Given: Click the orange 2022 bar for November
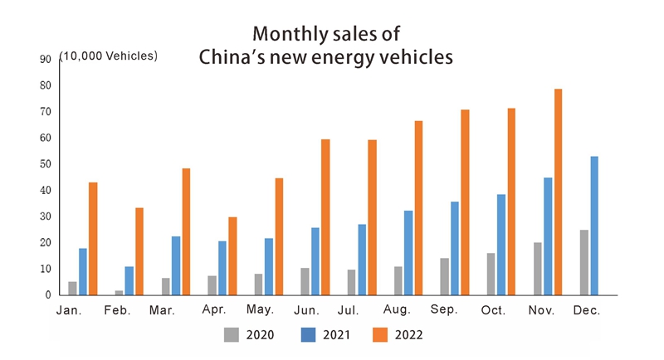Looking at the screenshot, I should click(558, 192).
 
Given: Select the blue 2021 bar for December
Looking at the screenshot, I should click(594, 226).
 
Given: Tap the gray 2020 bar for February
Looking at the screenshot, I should click(119, 292).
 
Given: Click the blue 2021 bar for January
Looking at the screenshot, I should click(83, 271).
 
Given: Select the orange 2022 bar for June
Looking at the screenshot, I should click(325, 216).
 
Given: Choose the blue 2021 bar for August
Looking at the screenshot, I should click(408, 252).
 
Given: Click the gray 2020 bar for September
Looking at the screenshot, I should click(445, 276).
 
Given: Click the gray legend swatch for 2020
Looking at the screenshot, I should click(232, 335).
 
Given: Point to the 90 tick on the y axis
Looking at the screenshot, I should click(45, 59).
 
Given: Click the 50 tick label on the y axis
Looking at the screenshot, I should click(45, 164).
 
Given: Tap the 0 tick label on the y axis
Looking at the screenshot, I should click(48, 295).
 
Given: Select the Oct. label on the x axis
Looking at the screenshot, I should click(493, 311).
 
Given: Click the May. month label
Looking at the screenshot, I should click(261, 311).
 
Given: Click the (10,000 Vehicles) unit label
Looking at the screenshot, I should click(108, 56).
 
